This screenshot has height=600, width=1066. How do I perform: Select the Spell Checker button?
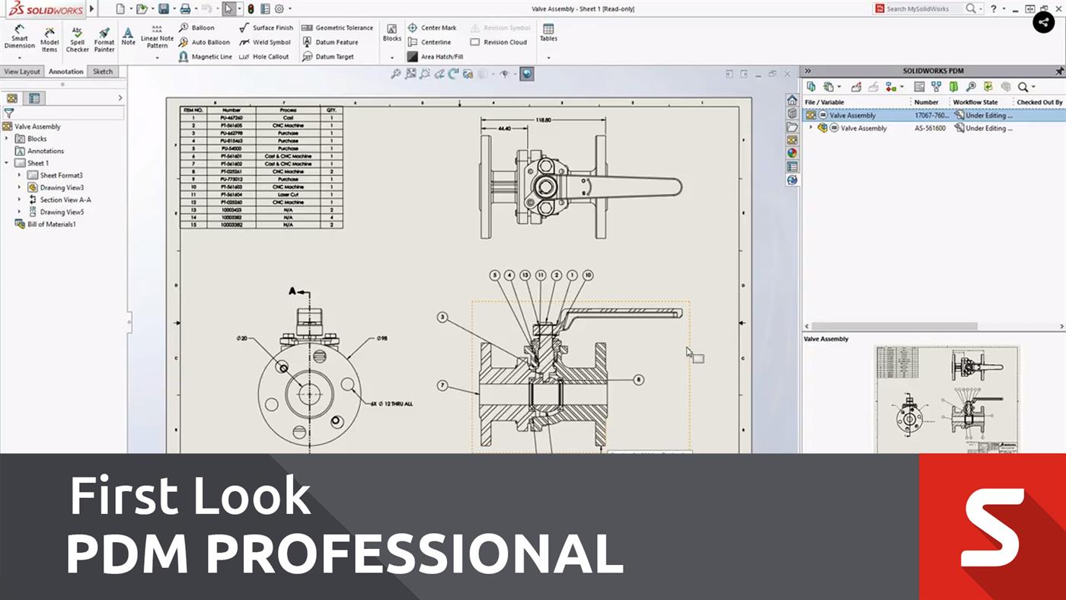point(78,40)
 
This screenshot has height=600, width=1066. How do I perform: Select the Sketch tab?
point(103,72)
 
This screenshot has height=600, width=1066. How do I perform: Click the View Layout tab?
point(22,72)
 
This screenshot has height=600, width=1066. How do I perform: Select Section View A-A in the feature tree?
point(65,199)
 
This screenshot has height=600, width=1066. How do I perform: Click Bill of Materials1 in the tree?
point(51,224)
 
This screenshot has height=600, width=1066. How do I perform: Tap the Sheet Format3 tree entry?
point(61,175)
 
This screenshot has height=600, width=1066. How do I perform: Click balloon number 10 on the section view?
point(588,275)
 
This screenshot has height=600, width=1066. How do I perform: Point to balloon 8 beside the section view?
point(638,379)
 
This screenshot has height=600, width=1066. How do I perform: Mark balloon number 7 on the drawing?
point(442,386)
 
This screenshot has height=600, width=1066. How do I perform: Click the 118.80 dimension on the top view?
point(544,120)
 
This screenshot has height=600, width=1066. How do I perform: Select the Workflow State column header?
point(975,102)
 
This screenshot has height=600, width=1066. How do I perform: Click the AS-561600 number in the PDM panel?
point(930,128)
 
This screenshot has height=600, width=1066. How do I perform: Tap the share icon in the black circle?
point(1043,22)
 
